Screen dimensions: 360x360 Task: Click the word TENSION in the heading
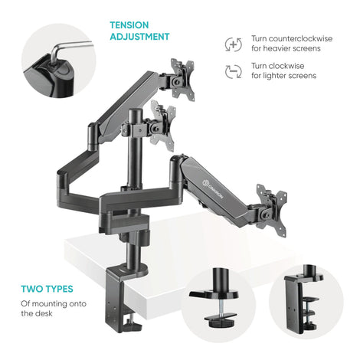click(x=129, y=25)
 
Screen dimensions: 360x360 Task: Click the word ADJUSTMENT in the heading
click(x=139, y=37)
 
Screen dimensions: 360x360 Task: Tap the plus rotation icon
click(x=234, y=44)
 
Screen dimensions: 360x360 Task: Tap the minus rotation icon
click(x=234, y=71)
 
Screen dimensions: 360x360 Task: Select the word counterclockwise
click(x=300, y=38)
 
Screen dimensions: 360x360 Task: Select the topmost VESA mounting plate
click(x=182, y=80)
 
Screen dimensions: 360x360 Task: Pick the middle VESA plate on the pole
click(x=162, y=125)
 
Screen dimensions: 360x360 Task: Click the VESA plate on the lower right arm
click(x=271, y=210)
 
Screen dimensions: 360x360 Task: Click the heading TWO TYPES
click(x=47, y=289)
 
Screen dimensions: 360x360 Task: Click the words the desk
click(x=37, y=313)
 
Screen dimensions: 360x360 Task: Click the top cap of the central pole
click(x=135, y=111)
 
